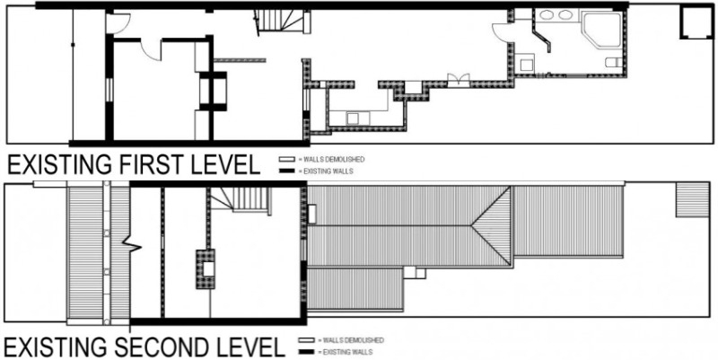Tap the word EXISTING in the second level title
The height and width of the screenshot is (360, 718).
[57, 347]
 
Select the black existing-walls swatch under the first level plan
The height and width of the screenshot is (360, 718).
[287, 171]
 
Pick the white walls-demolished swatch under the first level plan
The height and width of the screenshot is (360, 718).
[287, 160]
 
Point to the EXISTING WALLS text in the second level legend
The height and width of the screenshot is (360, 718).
[347, 352]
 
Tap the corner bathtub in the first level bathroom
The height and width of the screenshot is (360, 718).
[601, 29]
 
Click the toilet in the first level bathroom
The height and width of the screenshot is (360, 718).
[613, 62]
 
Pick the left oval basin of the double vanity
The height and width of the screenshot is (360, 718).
[547, 15]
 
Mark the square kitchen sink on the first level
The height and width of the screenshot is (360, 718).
[352, 119]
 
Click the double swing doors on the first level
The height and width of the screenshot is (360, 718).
[459, 80]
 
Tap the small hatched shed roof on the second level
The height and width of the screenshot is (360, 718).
[693, 199]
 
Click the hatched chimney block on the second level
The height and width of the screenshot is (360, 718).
[206, 268]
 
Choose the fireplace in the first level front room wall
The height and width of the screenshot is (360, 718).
[214, 92]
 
